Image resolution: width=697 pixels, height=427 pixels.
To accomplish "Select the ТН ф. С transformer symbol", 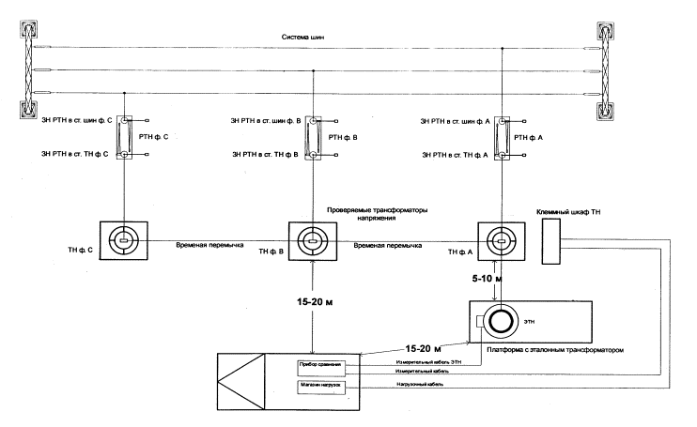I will [x=122, y=241].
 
